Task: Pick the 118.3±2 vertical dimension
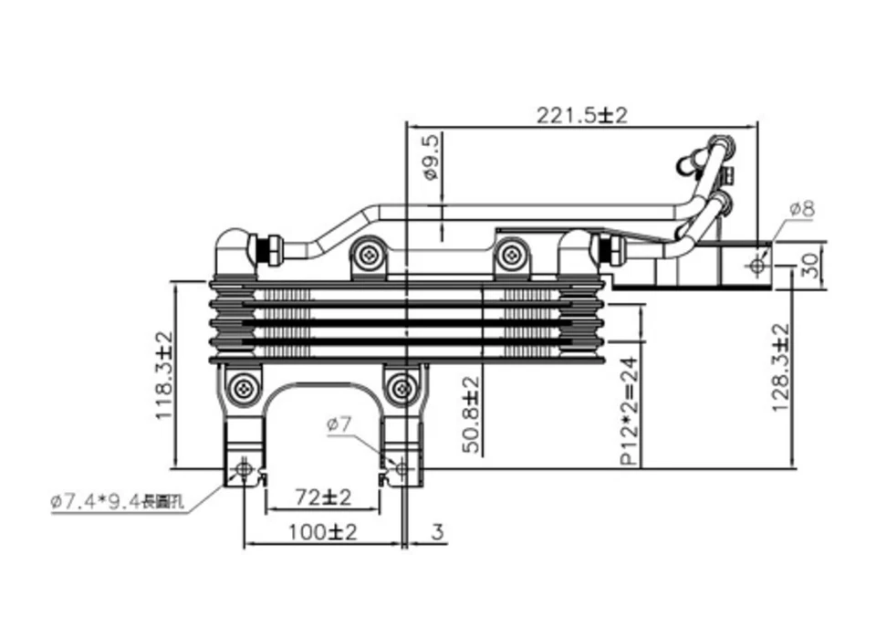pos(164,374)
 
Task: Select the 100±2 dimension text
pos(321,532)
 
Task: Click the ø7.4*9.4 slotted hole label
pos(119,502)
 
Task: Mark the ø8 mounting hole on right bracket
pos(756,266)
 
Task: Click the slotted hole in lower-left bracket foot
pos(243,469)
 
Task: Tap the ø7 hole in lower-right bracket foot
pos(401,468)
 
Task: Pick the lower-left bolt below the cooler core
pos(243,388)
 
